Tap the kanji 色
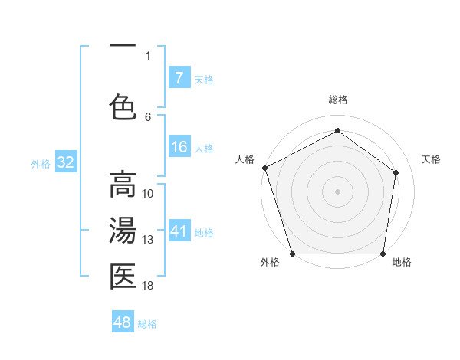point(123,106)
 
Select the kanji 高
point(123,185)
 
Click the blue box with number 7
point(179,78)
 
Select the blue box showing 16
point(179,147)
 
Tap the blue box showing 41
point(179,231)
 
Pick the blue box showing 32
point(65,162)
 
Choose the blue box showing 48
point(123,322)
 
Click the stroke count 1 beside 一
point(148,55)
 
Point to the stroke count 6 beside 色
point(148,116)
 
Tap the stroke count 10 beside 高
point(148,194)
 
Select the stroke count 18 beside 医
point(148,286)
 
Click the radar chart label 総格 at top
point(337,100)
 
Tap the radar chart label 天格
point(432,159)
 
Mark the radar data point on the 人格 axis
point(264,168)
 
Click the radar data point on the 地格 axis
point(383,254)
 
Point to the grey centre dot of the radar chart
point(337,191)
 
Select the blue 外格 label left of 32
point(41,163)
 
